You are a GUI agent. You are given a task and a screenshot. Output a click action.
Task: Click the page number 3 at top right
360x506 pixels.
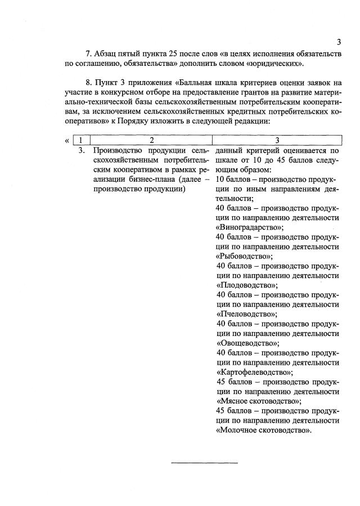pyautogui.click(x=339, y=42)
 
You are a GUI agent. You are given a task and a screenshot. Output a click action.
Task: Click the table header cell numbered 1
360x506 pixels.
pyautogui.click(x=82, y=140)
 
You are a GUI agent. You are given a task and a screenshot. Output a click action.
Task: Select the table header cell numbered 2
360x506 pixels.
pyautogui.click(x=151, y=140)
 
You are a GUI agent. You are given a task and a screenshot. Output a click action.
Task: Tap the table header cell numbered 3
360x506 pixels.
pyautogui.click(x=277, y=140)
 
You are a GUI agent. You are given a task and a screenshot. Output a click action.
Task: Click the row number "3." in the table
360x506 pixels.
pyautogui.click(x=82, y=150)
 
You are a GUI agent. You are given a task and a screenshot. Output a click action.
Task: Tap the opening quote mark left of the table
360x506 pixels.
pyautogui.click(x=68, y=140)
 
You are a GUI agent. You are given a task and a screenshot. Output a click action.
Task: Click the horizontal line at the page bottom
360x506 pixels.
pyautogui.click(x=204, y=463)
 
